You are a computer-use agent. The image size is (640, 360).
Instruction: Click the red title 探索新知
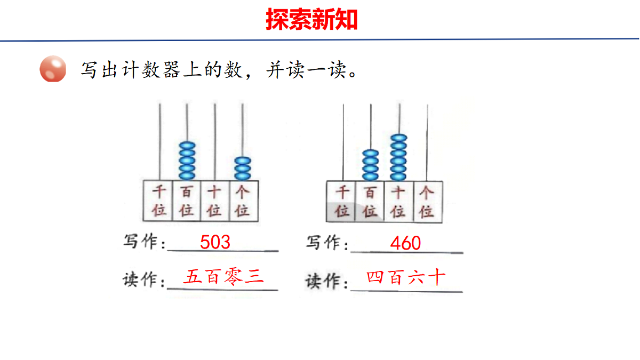pos(311,19)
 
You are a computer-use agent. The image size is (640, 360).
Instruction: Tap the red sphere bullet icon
pos(53,69)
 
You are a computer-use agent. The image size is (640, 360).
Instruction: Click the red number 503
pos(215,242)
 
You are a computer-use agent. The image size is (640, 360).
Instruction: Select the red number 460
pos(405,243)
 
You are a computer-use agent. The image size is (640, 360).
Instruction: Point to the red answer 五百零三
pos(223,277)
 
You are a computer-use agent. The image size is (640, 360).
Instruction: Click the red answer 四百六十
pos(406,277)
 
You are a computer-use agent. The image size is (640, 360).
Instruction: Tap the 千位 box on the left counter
pos(158,201)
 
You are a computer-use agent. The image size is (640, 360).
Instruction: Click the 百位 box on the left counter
pos(187,201)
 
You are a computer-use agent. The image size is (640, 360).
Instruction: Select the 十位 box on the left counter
pos(215,201)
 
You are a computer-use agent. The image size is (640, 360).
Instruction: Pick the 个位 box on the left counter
pos(244,201)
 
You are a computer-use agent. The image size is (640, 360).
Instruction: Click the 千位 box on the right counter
pos(341,202)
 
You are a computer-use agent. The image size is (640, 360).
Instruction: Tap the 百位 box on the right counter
pos(370,202)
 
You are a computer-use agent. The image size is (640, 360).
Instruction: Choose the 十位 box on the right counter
pos(399,202)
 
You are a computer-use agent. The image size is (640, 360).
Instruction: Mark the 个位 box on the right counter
pos(428,202)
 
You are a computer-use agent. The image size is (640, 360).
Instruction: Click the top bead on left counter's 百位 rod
pos(187,146)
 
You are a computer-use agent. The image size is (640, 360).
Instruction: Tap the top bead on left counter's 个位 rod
pos(243,161)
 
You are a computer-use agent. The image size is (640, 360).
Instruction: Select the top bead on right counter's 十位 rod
pos(399,138)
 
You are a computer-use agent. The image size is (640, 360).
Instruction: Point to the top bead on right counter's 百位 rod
pos(371,154)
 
